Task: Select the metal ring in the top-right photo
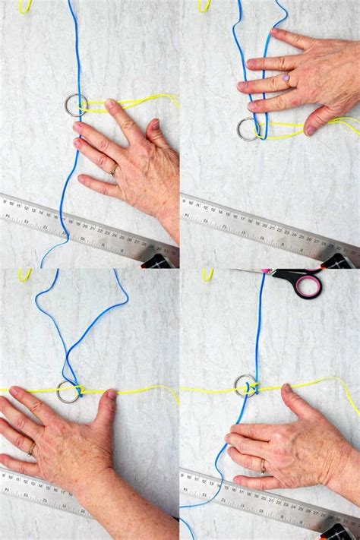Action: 248,129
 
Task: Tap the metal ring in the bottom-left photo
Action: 68,392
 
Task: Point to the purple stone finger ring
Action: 286,78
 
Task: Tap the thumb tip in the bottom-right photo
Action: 286,390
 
